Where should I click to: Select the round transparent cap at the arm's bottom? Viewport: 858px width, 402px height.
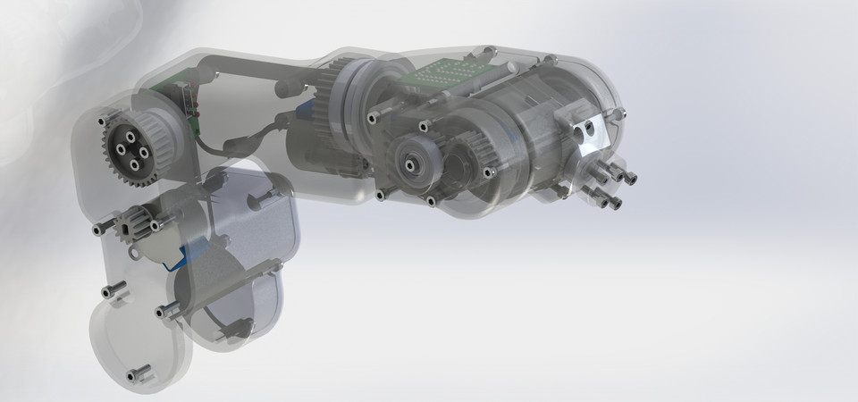pos(139,344)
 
